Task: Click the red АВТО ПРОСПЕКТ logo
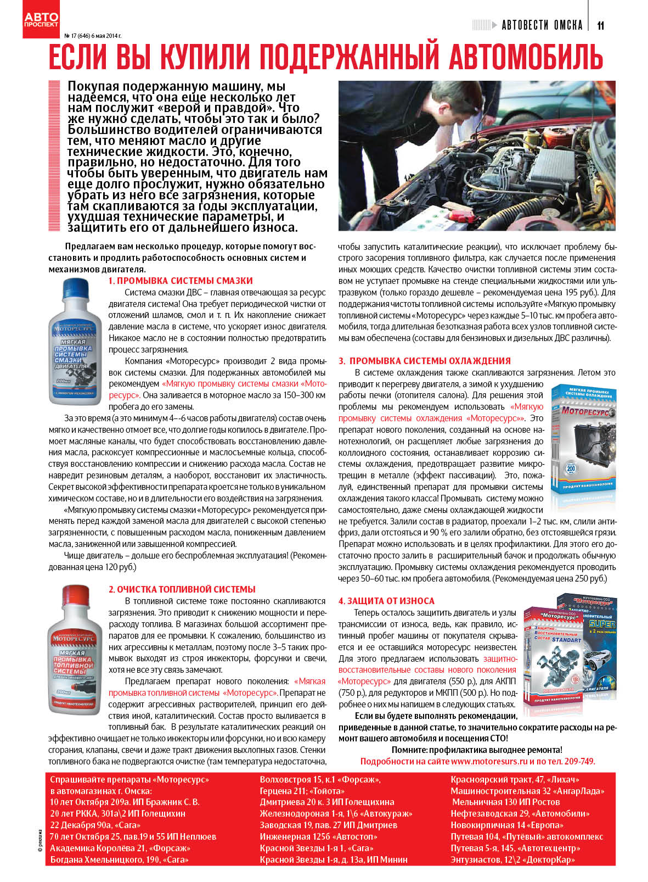41,20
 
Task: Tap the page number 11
600,25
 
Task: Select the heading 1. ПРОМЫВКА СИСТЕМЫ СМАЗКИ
181,281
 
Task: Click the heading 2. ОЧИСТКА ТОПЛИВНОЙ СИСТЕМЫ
182,589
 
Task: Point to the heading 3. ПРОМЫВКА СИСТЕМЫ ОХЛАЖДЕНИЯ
424,361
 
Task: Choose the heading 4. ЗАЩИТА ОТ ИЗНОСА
386,601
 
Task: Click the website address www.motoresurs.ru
489,761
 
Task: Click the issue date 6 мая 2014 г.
106,36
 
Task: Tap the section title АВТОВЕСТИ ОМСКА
542,25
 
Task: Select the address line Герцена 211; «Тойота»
302,791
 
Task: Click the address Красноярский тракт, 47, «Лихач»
515,779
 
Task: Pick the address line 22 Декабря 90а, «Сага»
95,825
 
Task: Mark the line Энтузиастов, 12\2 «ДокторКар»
512,859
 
